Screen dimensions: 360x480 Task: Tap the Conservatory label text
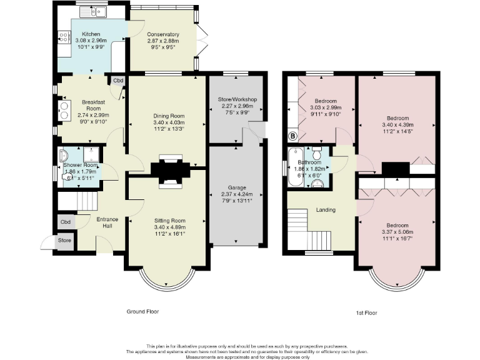click(163, 34)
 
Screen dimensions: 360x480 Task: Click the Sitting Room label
click(170, 221)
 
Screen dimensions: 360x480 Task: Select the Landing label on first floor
click(326, 209)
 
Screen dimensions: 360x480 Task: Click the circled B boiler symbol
click(291, 136)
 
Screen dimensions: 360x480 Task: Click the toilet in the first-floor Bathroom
click(316, 154)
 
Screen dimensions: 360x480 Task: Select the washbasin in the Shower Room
click(64, 155)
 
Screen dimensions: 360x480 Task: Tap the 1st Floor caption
click(366, 312)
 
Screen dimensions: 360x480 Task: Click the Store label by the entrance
click(65, 240)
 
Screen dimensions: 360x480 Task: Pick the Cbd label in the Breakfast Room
click(117, 81)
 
